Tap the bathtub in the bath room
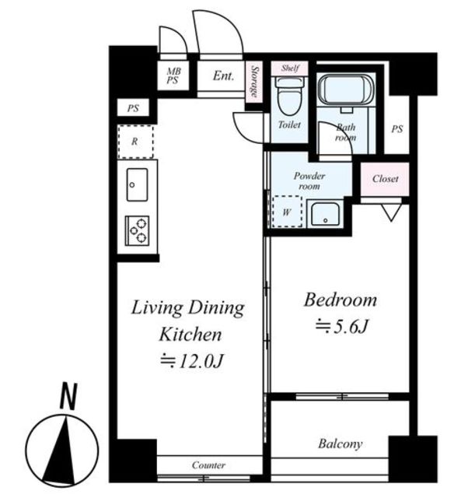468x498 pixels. (346, 90)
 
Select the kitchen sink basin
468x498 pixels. (137, 184)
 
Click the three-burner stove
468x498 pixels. (137, 230)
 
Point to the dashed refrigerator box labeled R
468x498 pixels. (135, 142)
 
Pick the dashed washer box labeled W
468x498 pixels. (287, 211)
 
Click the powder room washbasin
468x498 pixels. (325, 214)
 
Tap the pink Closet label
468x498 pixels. (385, 179)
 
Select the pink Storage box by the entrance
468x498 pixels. (254, 82)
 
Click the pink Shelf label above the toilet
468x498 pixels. (290, 68)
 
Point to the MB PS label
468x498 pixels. (173, 75)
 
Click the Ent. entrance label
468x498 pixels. (223, 76)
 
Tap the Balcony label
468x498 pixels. (341, 444)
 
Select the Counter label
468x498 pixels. (208, 465)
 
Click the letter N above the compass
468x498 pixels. (68, 396)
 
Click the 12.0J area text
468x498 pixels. (192, 361)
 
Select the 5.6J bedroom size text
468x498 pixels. (341, 326)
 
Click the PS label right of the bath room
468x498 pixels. (397, 129)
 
